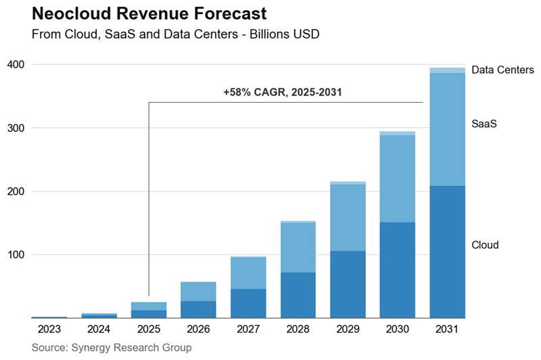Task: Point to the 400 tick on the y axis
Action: click(16, 64)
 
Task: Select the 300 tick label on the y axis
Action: click(16, 128)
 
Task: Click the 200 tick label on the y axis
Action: click(16, 192)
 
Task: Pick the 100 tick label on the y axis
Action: click(16, 255)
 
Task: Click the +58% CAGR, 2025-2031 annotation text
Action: click(281, 92)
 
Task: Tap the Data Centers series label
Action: click(502, 70)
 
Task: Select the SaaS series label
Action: click(484, 125)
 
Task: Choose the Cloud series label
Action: click(485, 244)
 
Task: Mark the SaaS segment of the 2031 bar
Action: click(447, 129)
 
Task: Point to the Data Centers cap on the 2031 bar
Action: click(447, 70)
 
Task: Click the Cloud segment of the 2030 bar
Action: click(397, 270)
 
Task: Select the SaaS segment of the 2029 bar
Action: click(348, 217)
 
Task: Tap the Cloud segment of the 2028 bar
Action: click(298, 295)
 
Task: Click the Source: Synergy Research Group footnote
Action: click(112, 347)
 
